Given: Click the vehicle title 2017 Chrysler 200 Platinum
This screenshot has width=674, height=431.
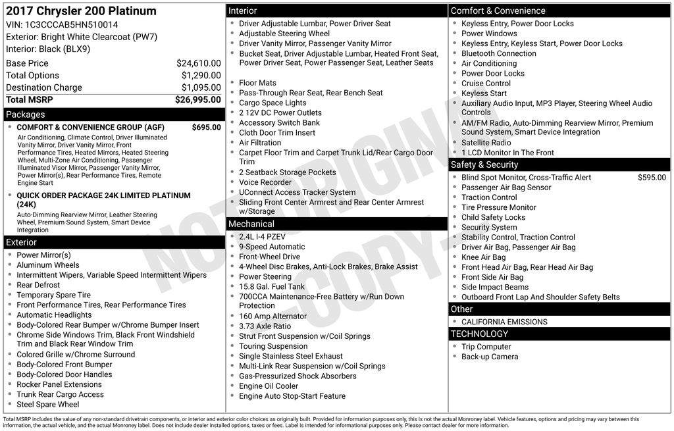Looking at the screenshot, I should (x=81, y=11).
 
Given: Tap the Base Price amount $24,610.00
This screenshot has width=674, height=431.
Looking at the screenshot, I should (x=198, y=63).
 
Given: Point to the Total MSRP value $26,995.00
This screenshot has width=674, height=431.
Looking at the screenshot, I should (x=197, y=100).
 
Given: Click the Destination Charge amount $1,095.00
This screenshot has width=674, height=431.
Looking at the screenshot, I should (x=201, y=88).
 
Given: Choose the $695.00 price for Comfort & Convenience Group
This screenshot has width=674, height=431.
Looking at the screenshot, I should (x=206, y=127).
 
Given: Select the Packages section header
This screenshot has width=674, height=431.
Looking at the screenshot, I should (x=26, y=114).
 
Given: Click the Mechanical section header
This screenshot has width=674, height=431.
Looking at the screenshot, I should (x=251, y=224).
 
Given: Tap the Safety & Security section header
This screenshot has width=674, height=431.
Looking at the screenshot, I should (x=484, y=165).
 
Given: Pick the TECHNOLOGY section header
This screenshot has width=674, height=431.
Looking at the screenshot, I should (x=479, y=334).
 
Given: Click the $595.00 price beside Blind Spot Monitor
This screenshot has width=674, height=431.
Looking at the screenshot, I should (x=652, y=178).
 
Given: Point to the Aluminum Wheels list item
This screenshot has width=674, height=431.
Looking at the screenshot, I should (x=48, y=265).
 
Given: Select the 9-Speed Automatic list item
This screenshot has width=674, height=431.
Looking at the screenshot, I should (x=272, y=247).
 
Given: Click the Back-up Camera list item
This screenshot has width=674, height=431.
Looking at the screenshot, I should (x=490, y=357).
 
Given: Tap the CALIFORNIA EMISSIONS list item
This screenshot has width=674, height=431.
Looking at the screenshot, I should (x=504, y=322).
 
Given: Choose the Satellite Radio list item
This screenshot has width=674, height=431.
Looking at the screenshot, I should (x=486, y=142).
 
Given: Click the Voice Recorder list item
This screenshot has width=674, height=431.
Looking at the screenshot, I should (x=265, y=182).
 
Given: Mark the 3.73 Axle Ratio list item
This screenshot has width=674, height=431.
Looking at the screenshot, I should (x=265, y=326).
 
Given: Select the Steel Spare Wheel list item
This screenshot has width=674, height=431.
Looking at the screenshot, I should (x=48, y=405).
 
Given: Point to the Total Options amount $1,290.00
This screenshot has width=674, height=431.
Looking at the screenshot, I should (x=201, y=75).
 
